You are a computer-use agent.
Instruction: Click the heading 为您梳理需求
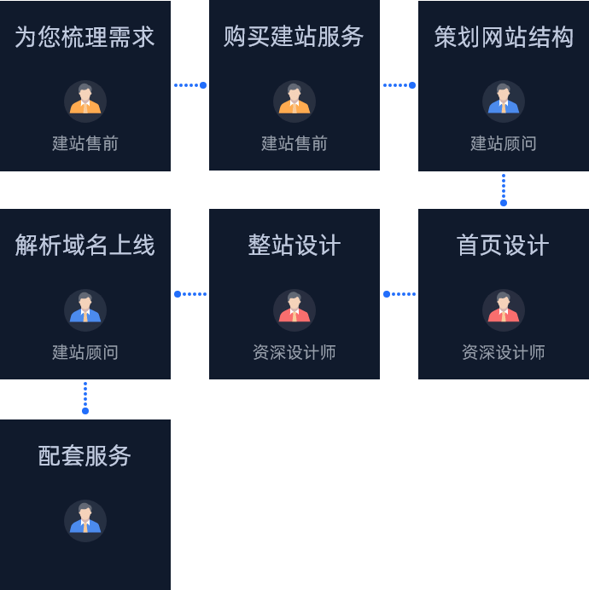[x=85, y=37]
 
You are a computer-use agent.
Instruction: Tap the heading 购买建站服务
[x=294, y=37]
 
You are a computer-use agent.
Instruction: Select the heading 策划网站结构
[x=504, y=37]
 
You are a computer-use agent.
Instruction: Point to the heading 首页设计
[x=504, y=246]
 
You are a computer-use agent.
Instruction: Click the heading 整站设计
[x=294, y=246]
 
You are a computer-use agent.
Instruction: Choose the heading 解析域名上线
[x=85, y=246]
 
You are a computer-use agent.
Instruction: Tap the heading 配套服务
[x=85, y=456]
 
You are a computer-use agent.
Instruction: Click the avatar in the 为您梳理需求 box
[x=85, y=101]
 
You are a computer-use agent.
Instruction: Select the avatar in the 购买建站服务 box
[x=294, y=101]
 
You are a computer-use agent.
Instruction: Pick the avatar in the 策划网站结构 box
[x=504, y=101]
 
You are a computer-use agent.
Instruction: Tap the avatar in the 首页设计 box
[x=504, y=310]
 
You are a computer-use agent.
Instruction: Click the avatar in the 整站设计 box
[x=294, y=310]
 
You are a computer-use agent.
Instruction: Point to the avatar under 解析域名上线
[x=85, y=310]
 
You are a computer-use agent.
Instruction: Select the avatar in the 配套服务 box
[x=85, y=520]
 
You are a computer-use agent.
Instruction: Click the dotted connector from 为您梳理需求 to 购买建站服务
[x=190, y=85]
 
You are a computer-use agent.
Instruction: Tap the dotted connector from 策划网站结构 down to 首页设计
[x=504, y=188]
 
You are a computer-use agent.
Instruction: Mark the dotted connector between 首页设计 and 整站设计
[x=399, y=294]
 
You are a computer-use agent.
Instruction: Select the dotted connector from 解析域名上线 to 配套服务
[x=85, y=398]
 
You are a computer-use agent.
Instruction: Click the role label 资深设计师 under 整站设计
[x=294, y=352]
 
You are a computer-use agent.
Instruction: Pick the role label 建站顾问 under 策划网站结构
[x=504, y=143]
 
